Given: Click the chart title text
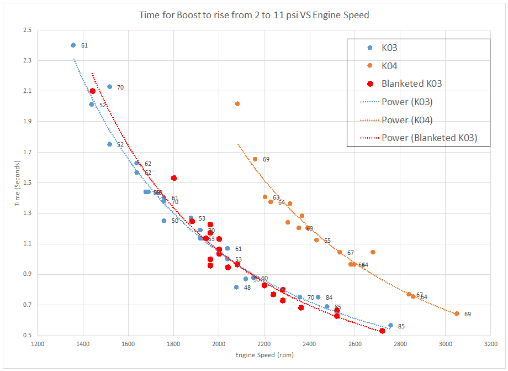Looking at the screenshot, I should pyautogui.click(x=254, y=15).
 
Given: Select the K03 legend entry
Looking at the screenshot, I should pyautogui.click(x=389, y=48).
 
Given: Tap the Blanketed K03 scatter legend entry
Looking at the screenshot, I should pyautogui.click(x=411, y=83).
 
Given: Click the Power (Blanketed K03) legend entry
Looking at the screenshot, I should pyautogui.click(x=429, y=138).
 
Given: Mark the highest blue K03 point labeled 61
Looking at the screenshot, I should pyautogui.click(x=73, y=45).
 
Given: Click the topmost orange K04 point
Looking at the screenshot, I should pyautogui.click(x=237, y=103).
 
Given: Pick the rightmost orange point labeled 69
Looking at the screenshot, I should pyautogui.click(x=457, y=313).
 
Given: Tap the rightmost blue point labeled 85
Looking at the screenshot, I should pyautogui.click(x=390, y=326).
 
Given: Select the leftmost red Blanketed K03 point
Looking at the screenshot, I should pyautogui.click(x=92, y=91).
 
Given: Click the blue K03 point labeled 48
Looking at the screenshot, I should pyautogui.click(x=236, y=287).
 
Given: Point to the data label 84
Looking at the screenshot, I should pyautogui.click(x=329, y=298).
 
